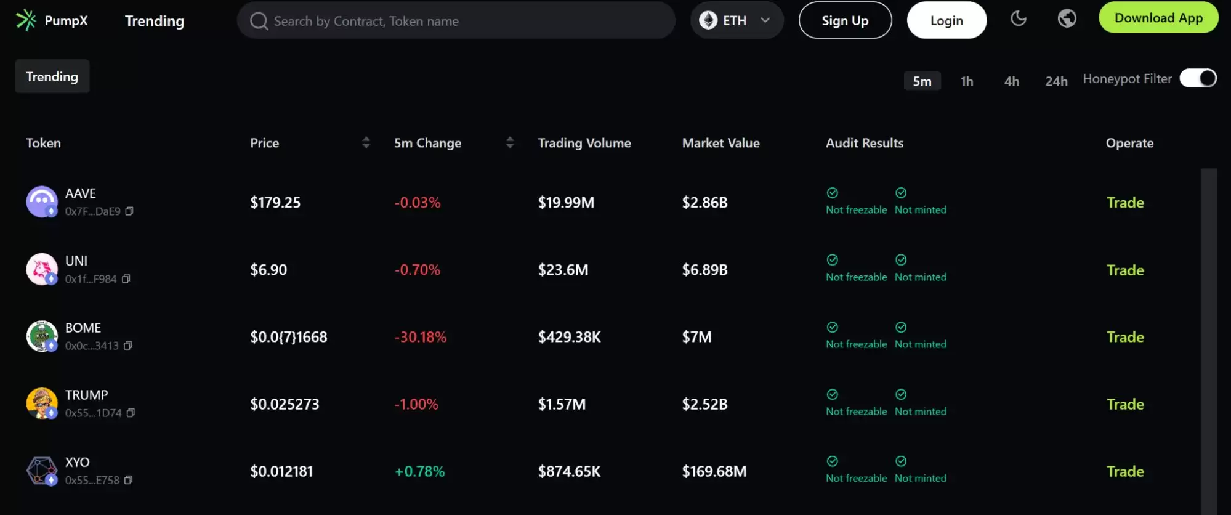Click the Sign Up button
tap(845, 20)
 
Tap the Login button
tap(946, 20)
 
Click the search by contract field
tap(456, 21)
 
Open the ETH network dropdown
tap(737, 20)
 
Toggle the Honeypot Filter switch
tap(1198, 78)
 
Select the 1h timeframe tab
tap(967, 81)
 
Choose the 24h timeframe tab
tap(1056, 81)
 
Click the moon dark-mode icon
tap(1019, 18)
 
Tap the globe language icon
tap(1067, 18)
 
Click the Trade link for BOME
tap(1125, 337)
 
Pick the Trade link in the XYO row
tap(1125, 471)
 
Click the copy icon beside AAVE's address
tap(129, 211)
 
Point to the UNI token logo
tap(42, 269)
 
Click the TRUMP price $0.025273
tap(285, 404)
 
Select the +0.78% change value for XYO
tap(419, 471)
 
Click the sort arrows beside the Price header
tap(366, 143)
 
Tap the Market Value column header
tap(720, 143)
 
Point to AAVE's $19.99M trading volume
tap(566, 203)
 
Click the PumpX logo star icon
tap(26, 20)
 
